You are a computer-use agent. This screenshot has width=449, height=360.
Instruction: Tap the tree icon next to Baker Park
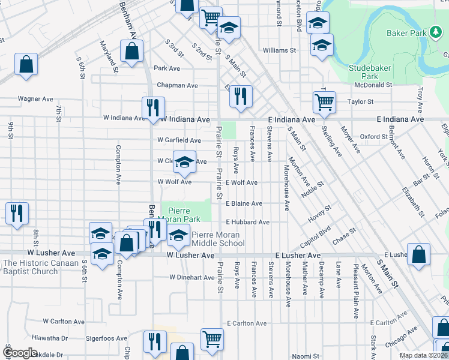click(435, 32)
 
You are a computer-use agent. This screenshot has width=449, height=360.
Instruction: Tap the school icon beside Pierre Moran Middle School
click(177, 237)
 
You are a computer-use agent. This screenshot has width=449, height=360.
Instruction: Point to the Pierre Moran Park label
click(187, 215)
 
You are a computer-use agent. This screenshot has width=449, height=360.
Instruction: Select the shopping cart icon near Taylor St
click(324, 102)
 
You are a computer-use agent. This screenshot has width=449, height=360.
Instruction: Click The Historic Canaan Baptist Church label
click(40, 267)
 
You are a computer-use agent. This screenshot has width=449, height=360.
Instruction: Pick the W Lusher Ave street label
click(190, 256)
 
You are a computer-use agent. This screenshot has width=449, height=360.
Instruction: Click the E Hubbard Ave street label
click(247, 222)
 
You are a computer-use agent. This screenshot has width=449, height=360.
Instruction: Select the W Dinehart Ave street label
click(191, 278)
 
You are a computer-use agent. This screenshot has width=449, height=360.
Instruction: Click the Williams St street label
click(280, 51)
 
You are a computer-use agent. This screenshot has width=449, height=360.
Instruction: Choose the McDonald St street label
click(372, 85)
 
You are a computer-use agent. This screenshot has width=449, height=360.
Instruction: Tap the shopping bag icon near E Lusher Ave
click(418, 254)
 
